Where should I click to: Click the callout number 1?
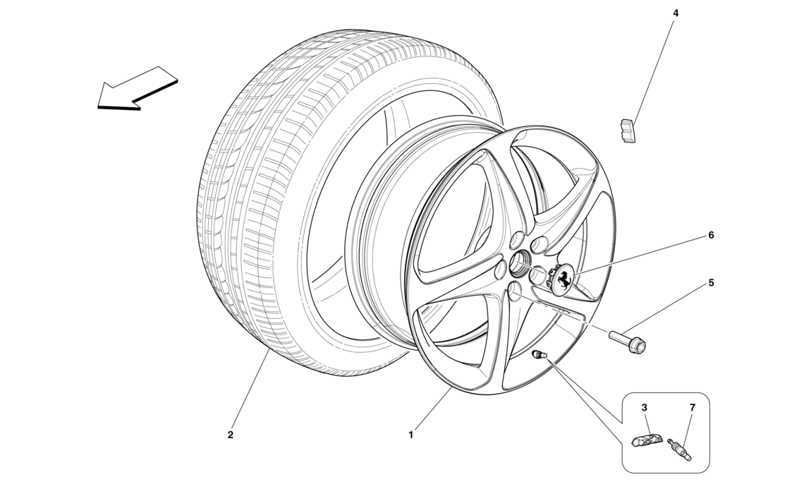(x=410, y=435)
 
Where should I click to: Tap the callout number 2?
(x=230, y=435)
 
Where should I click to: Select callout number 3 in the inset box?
(x=644, y=408)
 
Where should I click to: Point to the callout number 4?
(x=676, y=13)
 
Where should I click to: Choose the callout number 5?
(x=711, y=283)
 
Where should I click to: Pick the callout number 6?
(x=711, y=235)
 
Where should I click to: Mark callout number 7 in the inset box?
(x=692, y=408)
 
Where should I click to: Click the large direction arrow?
(x=137, y=88)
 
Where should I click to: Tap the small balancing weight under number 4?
(x=626, y=131)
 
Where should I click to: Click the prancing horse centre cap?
(x=563, y=281)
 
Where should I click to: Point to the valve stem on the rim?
(x=539, y=354)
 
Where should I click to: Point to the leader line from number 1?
(x=432, y=409)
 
